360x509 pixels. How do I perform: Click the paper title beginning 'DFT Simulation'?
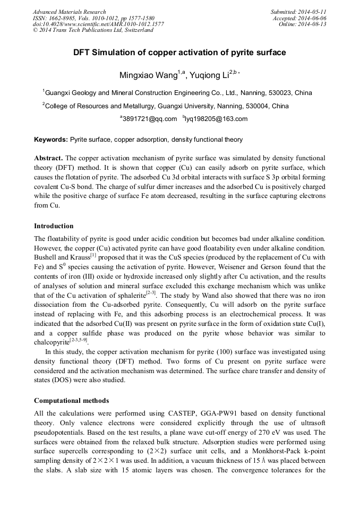(179, 53)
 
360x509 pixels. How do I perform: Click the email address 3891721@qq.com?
(150, 119)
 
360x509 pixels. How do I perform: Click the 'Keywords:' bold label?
(51, 140)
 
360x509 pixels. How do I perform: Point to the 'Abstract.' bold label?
(49, 159)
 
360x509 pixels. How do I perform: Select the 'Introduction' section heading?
(54, 226)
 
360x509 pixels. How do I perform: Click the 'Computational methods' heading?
(71, 400)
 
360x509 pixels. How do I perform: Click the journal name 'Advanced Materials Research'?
(70, 12)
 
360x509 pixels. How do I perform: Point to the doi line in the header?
(98, 24)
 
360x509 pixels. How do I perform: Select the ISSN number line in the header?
(93, 18)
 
